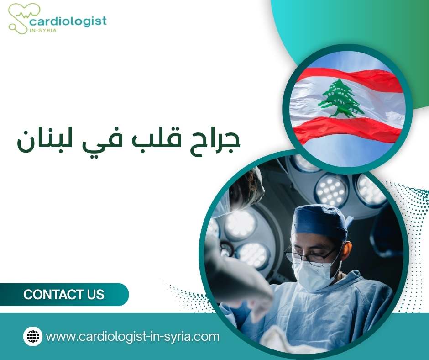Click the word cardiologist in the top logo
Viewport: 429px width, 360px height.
(68, 21)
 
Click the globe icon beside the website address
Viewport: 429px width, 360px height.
(33, 337)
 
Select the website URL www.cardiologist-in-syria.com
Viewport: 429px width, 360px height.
(133, 337)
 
